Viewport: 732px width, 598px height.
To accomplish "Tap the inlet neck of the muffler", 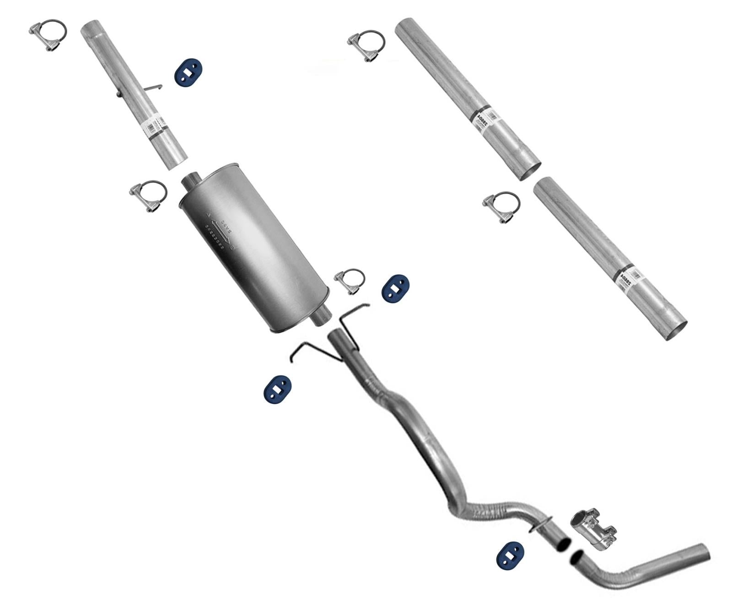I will click(x=191, y=181).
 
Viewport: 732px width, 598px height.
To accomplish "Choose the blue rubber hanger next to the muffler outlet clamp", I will click(x=395, y=288).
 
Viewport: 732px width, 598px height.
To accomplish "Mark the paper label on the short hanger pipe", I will click(x=157, y=125).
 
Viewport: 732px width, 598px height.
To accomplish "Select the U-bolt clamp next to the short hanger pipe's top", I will click(x=48, y=35).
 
